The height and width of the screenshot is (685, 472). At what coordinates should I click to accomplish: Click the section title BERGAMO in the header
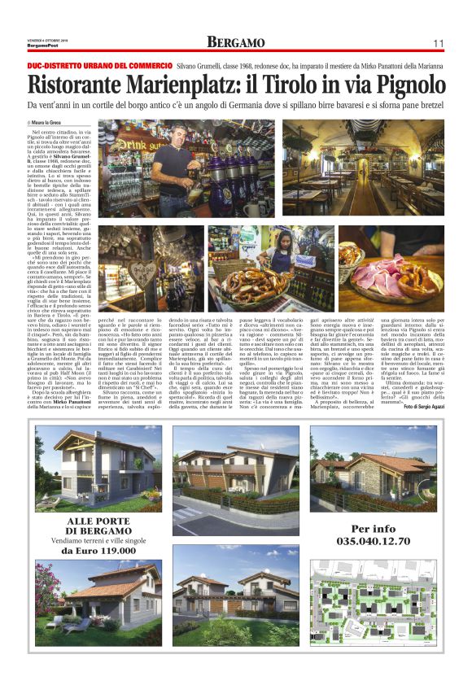(x=236, y=42)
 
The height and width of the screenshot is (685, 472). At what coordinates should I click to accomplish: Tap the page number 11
(x=439, y=43)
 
